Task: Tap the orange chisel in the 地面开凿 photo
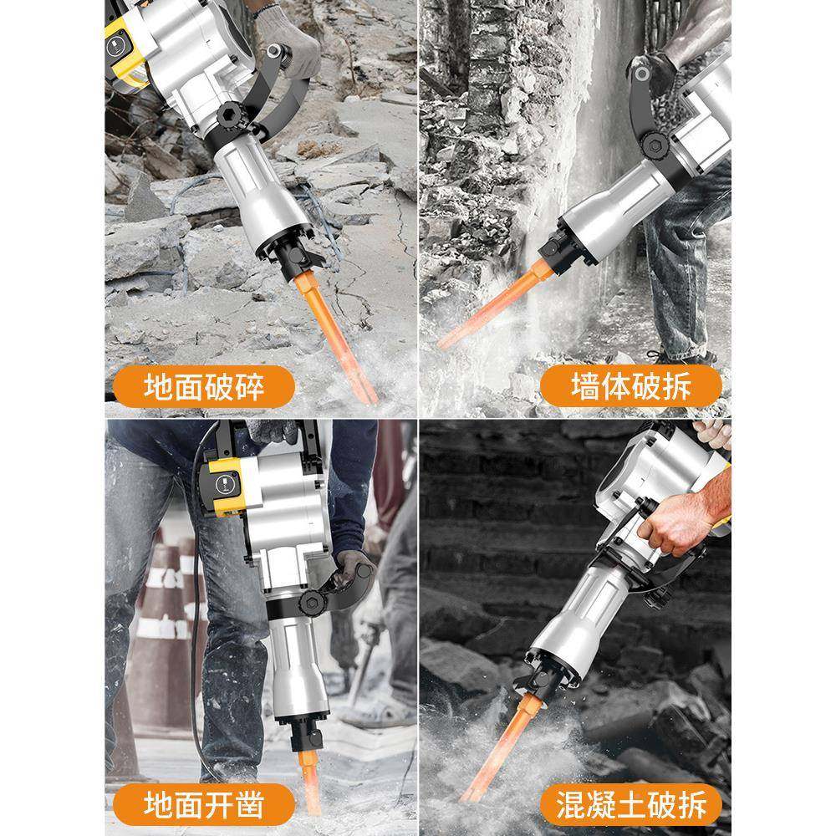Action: (312, 777)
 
